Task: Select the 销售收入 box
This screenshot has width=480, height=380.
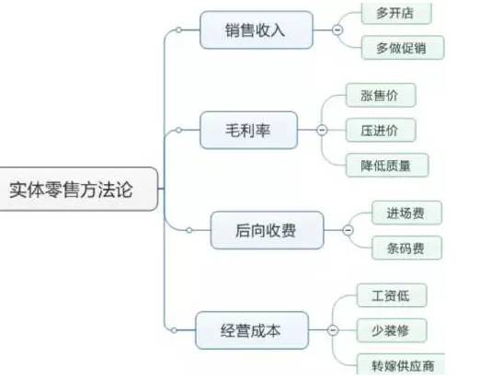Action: (255, 30)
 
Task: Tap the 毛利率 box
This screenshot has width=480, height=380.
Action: (248, 130)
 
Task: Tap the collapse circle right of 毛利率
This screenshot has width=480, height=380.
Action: (322, 130)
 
